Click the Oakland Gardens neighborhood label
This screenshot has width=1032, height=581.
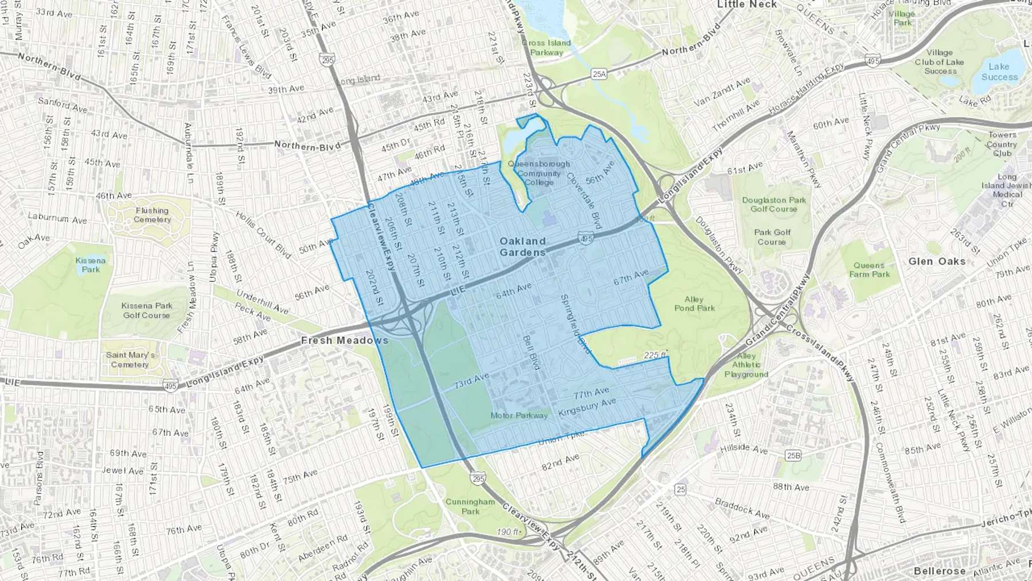point(522,247)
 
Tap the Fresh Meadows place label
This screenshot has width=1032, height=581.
point(345,341)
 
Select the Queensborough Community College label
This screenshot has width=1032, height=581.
point(539,173)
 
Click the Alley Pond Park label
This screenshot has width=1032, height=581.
point(694,304)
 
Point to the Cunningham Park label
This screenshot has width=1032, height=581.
point(470,506)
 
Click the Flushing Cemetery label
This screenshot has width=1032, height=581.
point(152,215)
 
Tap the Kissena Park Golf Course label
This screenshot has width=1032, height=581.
point(147,310)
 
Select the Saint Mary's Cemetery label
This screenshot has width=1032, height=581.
point(130,360)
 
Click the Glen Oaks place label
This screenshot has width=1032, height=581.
point(937,262)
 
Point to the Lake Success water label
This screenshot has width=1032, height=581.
point(999,72)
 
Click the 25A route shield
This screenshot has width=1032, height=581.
point(599,74)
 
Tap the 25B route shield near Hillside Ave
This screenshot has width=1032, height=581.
point(793,455)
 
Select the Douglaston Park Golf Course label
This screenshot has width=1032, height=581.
point(773,204)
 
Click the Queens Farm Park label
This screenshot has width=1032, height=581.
point(869,270)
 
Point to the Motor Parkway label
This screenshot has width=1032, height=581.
point(519,415)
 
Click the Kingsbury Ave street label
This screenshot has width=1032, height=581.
point(587,407)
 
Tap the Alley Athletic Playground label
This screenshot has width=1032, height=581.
point(746,365)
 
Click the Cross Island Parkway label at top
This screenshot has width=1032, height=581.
point(546,48)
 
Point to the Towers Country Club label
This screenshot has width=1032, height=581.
point(1002,144)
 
